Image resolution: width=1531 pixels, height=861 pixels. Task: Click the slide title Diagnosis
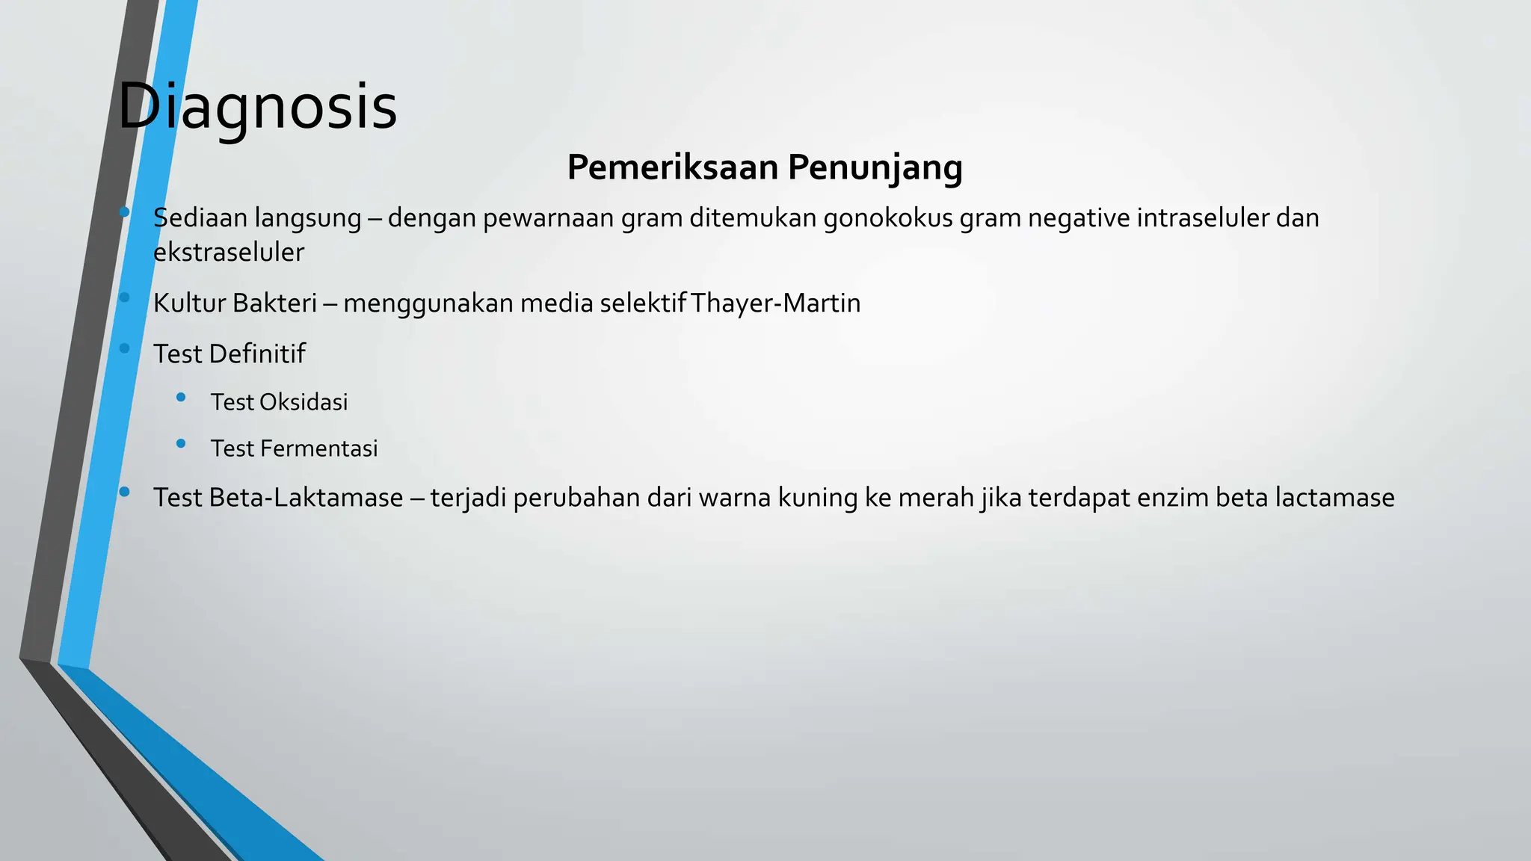point(257,107)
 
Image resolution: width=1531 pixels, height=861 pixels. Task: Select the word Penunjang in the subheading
point(875,168)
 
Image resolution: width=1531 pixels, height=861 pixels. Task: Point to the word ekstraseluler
point(228,253)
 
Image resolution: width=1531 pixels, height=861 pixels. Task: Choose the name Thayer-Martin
point(776,303)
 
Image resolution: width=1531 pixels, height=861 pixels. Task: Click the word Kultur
point(189,303)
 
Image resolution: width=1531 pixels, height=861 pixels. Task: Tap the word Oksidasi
point(304,403)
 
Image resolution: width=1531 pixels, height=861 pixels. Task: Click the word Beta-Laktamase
point(306,498)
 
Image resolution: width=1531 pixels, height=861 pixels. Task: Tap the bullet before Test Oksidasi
point(181,398)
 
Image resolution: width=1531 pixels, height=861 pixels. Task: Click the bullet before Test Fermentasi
point(181,444)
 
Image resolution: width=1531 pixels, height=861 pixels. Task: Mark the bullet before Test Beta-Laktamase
point(124,492)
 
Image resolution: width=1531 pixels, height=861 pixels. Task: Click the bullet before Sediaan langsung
point(124,213)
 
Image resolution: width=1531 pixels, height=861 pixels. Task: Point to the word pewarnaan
point(548,218)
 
